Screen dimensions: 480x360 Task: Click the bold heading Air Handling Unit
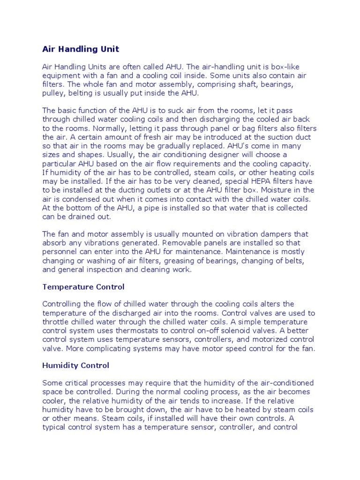click(81, 49)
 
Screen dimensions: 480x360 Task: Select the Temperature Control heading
click(83, 286)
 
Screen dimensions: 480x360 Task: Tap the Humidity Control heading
click(75, 365)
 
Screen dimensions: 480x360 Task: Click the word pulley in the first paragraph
click(54, 93)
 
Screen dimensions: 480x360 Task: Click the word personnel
click(60, 252)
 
